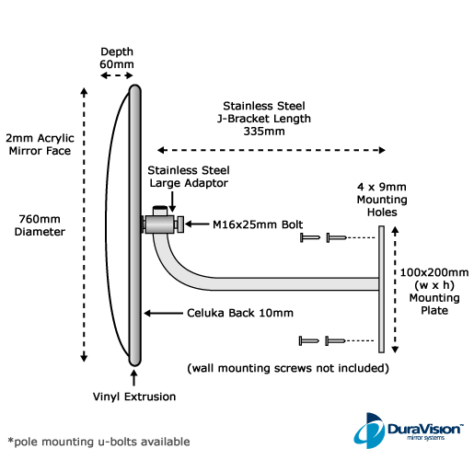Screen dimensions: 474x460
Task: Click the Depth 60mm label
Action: pos(117,58)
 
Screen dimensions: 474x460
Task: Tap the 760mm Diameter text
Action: pos(40,225)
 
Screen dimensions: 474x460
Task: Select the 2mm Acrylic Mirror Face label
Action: pos(40,144)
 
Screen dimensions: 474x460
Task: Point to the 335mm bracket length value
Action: pos(264,132)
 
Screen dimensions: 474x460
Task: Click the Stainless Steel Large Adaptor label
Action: pos(189,177)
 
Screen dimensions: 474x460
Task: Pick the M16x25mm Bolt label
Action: pos(258,224)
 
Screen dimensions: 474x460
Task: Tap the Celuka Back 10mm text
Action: pos(240,313)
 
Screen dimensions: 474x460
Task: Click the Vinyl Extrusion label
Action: pos(134,397)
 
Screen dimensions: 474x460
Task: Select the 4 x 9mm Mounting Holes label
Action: pos(382,200)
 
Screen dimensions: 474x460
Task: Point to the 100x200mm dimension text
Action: pos(434,272)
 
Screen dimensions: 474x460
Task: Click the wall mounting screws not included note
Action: pos(288,368)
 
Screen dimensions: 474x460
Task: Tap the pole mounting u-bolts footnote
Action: pos(98,442)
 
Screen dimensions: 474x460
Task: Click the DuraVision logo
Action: pos(409,431)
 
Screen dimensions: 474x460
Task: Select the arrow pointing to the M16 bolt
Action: pos(197,224)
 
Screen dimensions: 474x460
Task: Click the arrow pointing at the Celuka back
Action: pos(163,313)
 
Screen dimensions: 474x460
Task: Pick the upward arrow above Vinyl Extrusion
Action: pos(133,377)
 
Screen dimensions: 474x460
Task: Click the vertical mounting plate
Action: pos(381,289)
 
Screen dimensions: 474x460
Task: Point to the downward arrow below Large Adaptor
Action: pos(172,201)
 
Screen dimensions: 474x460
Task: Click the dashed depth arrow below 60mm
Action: pos(117,75)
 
